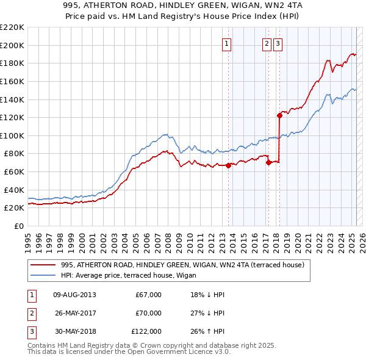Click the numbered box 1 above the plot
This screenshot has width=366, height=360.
(226, 43)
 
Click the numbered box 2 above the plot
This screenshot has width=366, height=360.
(267, 43)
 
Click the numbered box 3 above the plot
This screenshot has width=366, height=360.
(278, 43)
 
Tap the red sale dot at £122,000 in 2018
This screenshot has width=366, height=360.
(279, 115)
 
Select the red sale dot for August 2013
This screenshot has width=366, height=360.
(228, 165)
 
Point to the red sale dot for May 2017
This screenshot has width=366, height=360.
(268, 162)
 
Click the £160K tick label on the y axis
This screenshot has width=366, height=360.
(13, 81)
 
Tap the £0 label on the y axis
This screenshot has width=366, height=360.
(20, 226)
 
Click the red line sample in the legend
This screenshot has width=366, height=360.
(42, 265)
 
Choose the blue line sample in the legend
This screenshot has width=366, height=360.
(42, 275)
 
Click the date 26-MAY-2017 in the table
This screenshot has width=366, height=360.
(73, 313)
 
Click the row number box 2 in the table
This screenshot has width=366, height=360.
(31, 313)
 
